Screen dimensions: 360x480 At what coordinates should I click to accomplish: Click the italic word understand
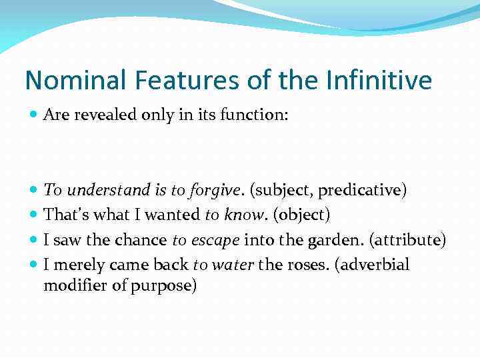click(109, 190)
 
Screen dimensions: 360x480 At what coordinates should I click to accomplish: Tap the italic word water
click(233, 265)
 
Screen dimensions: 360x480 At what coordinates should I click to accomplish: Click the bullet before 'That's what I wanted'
click(34, 215)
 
